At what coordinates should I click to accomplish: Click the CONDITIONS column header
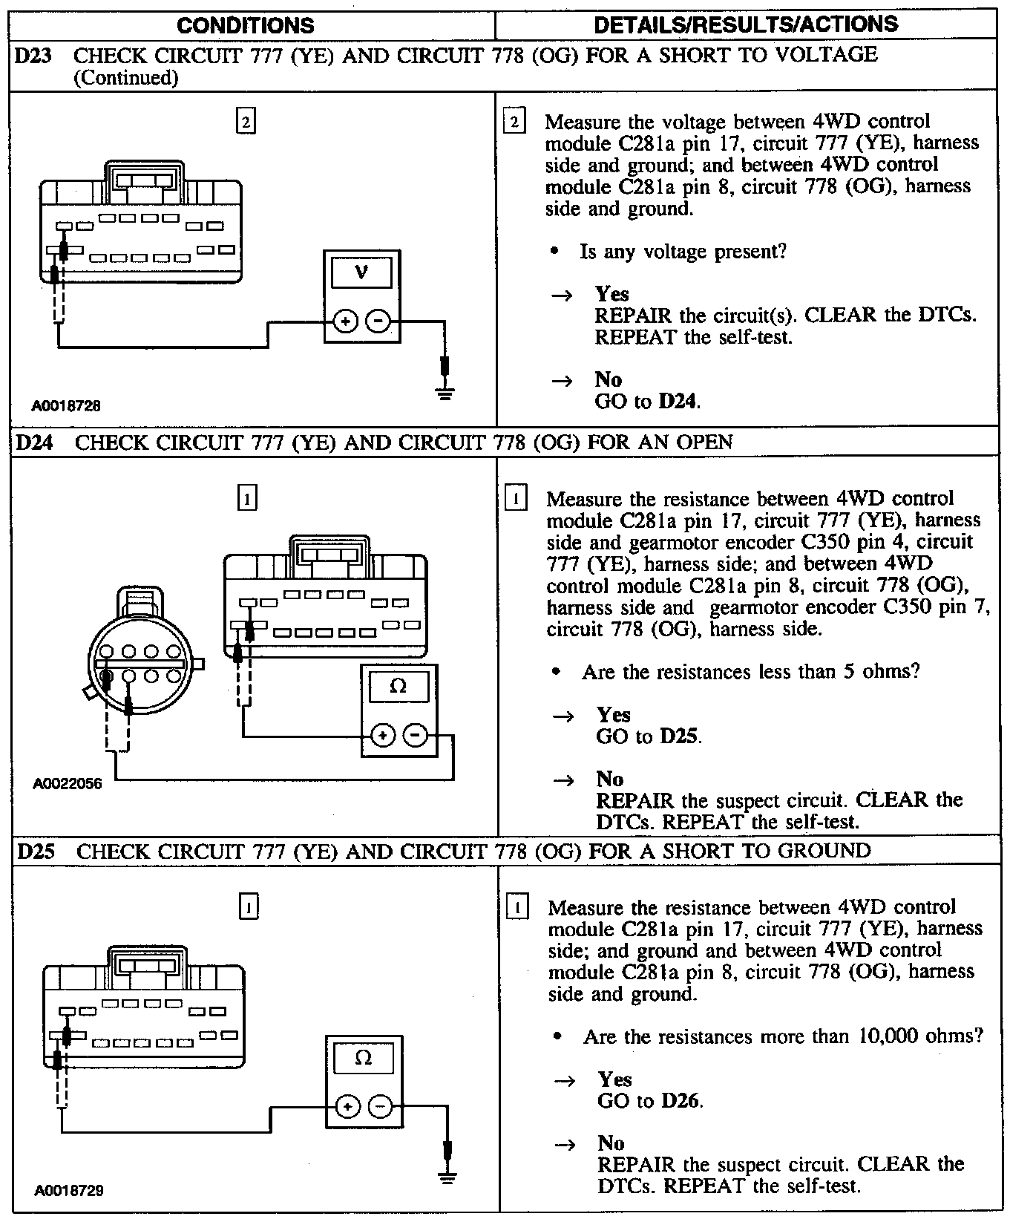(x=245, y=25)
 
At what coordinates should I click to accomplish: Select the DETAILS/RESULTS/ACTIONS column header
(x=746, y=24)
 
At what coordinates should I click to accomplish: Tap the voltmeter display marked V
(x=361, y=272)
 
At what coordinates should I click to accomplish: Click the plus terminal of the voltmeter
(x=345, y=321)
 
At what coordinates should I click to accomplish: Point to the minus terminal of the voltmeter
(x=378, y=321)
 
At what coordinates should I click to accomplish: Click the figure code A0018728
(x=66, y=405)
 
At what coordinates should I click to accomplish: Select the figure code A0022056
(x=67, y=783)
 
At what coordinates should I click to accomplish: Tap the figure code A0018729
(x=68, y=1190)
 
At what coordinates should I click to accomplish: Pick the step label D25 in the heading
(x=35, y=851)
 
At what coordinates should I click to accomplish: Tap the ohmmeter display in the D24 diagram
(x=399, y=686)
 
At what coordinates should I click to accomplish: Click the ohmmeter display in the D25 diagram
(x=364, y=1057)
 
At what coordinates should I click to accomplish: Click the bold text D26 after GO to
(x=681, y=1101)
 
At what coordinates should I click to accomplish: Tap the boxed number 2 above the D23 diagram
(x=245, y=120)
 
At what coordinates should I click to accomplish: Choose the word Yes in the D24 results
(x=614, y=715)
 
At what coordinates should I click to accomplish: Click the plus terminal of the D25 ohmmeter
(x=347, y=1107)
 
